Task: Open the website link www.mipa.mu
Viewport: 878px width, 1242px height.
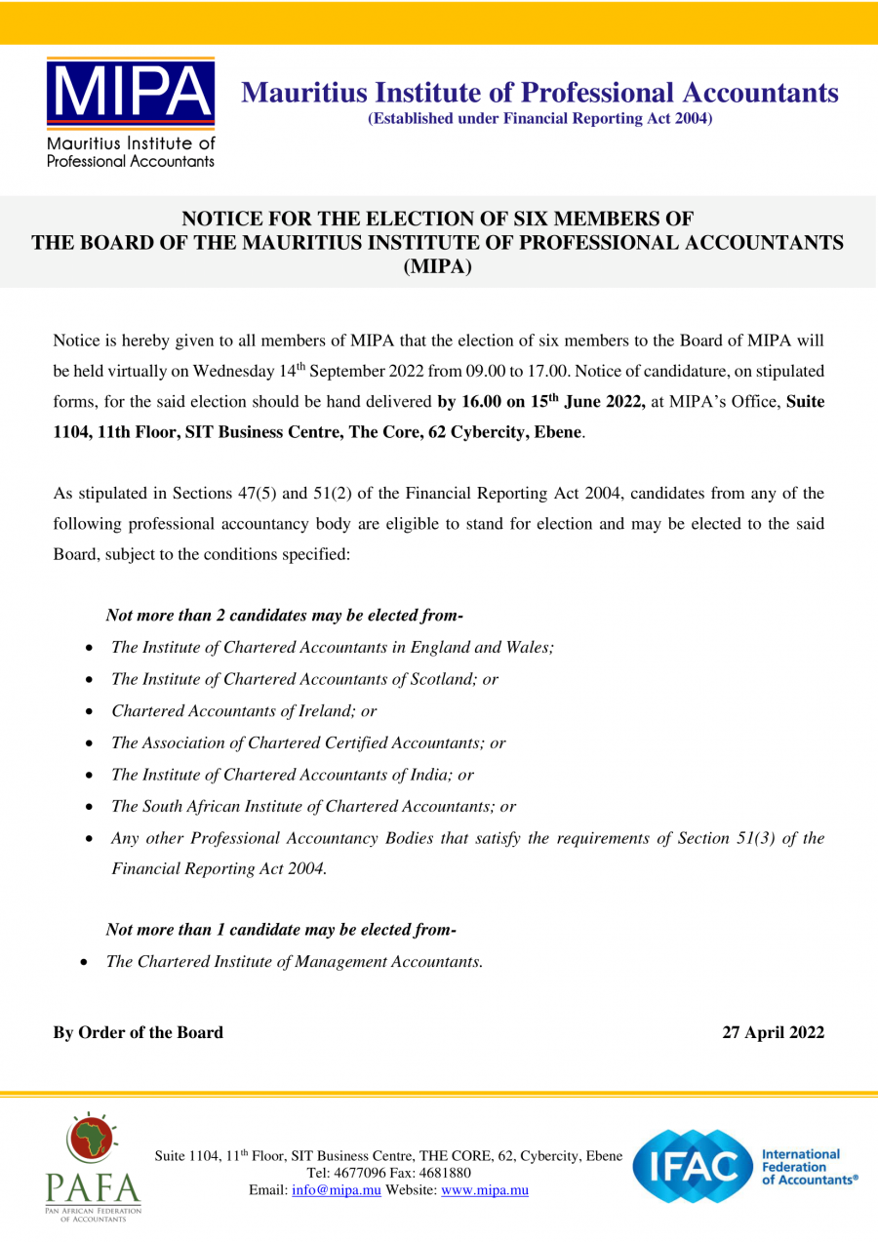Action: pyautogui.click(x=485, y=1190)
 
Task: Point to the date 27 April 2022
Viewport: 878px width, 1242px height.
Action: pyautogui.click(x=773, y=1032)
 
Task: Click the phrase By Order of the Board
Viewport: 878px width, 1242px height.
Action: pyautogui.click(x=138, y=1032)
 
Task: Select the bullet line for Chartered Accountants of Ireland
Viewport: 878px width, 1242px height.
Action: pyautogui.click(x=244, y=711)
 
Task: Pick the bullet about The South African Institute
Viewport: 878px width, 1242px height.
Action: pyautogui.click(x=313, y=807)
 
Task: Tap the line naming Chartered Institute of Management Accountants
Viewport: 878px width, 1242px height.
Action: pyautogui.click(x=295, y=961)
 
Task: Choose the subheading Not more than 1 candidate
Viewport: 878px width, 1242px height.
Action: pyautogui.click(x=280, y=929)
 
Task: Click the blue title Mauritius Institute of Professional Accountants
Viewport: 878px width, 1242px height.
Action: pyautogui.click(x=539, y=93)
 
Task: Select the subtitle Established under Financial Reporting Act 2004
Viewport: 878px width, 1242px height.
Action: pyautogui.click(x=539, y=119)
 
